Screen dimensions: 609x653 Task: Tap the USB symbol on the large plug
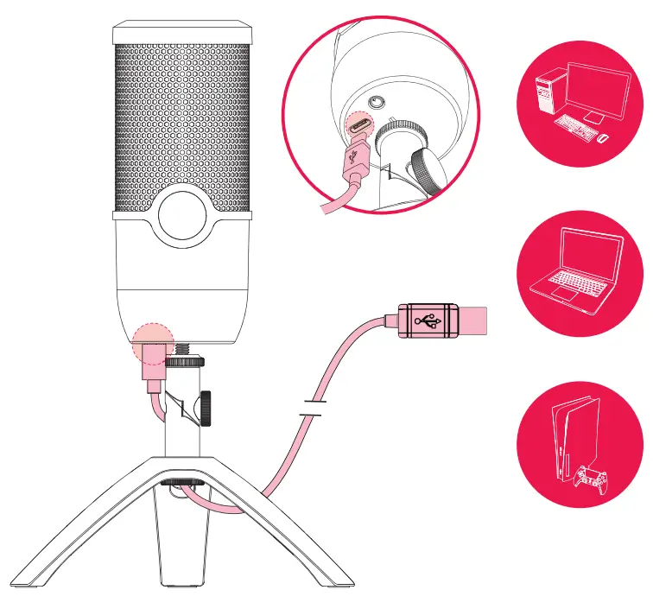coord(426,320)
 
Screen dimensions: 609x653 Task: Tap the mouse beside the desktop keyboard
coord(603,137)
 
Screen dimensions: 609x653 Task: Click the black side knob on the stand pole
coord(207,408)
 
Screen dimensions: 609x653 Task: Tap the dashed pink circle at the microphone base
coord(153,340)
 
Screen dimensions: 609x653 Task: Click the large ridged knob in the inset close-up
coord(426,168)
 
